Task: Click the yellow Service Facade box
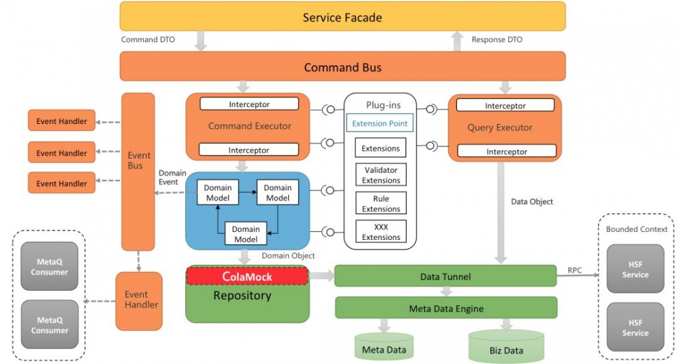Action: [x=342, y=16]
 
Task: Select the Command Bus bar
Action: [x=342, y=67]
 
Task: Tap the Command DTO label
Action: [x=148, y=39]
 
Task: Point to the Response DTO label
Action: [x=497, y=39]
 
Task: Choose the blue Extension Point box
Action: [x=380, y=123]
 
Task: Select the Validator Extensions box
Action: [x=380, y=175]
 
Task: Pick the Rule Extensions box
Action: [x=380, y=204]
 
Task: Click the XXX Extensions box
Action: [x=380, y=232]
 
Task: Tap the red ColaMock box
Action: [x=247, y=276]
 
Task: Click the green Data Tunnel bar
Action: [x=445, y=276]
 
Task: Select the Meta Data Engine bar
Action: [x=445, y=308]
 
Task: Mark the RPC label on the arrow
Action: [x=574, y=270]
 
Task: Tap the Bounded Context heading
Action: [x=637, y=229]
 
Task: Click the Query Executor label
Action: [x=500, y=127]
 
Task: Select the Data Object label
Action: [x=532, y=201]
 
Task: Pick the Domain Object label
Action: [x=288, y=256]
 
